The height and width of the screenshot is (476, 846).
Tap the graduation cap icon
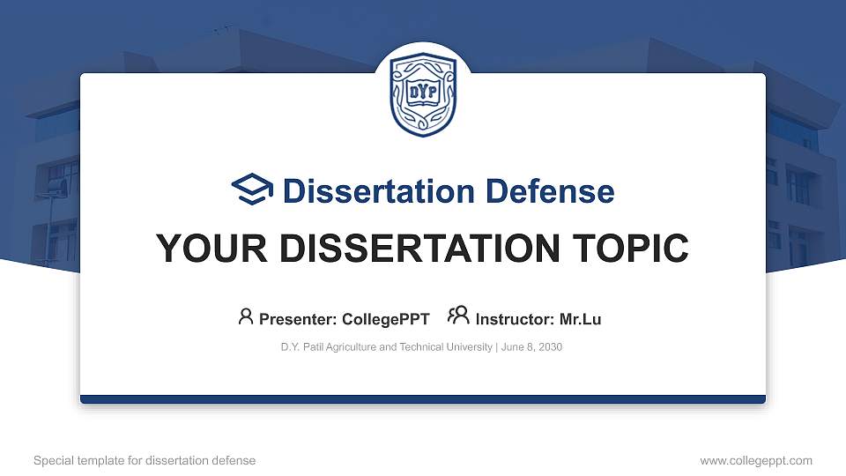tap(253, 190)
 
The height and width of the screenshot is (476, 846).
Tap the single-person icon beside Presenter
tap(246, 316)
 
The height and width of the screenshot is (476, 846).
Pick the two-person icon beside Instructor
tap(458, 316)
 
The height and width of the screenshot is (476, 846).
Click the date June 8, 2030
tap(533, 347)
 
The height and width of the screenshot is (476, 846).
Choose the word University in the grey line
tap(471, 347)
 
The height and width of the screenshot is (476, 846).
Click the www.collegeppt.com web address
tap(756, 460)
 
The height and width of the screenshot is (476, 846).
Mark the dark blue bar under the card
tap(423, 399)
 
